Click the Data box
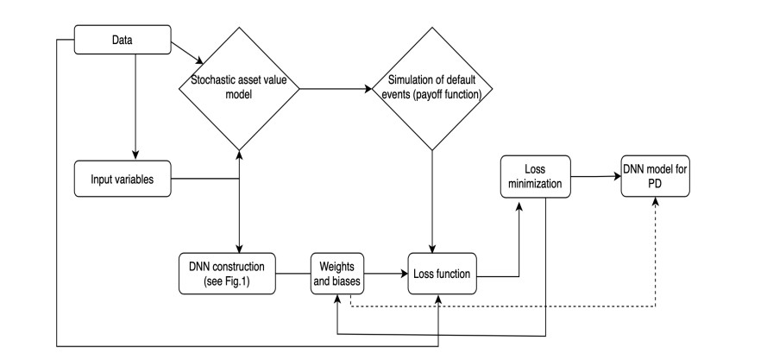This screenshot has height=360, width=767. click(x=123, y=40)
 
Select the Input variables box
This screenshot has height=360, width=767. click(x=123, y=179)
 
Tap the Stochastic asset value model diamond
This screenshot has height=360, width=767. click(x=239, y=89)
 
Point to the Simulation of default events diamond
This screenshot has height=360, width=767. click(x=432, y=89)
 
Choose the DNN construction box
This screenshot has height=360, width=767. click(x=227, y=274)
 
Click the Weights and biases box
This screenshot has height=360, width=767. click(x=337, y=274)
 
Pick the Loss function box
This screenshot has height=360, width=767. click(x=443, y=274)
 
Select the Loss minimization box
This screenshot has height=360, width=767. click(x=536, y=177)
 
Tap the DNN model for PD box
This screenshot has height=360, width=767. click(x=656, y=177)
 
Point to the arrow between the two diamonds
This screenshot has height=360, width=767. click(x=336, y=89)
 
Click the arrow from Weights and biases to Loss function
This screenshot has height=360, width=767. click(x=387, y=274)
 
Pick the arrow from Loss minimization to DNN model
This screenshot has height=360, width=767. click(x=596, y=176)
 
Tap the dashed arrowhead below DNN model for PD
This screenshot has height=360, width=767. click(x=656, y=201)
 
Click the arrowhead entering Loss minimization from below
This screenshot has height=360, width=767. click(x=519, y=202)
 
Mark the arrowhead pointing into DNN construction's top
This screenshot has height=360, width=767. click(x=239, y=249)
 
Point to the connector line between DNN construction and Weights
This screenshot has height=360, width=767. click(x=293, y=274)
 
